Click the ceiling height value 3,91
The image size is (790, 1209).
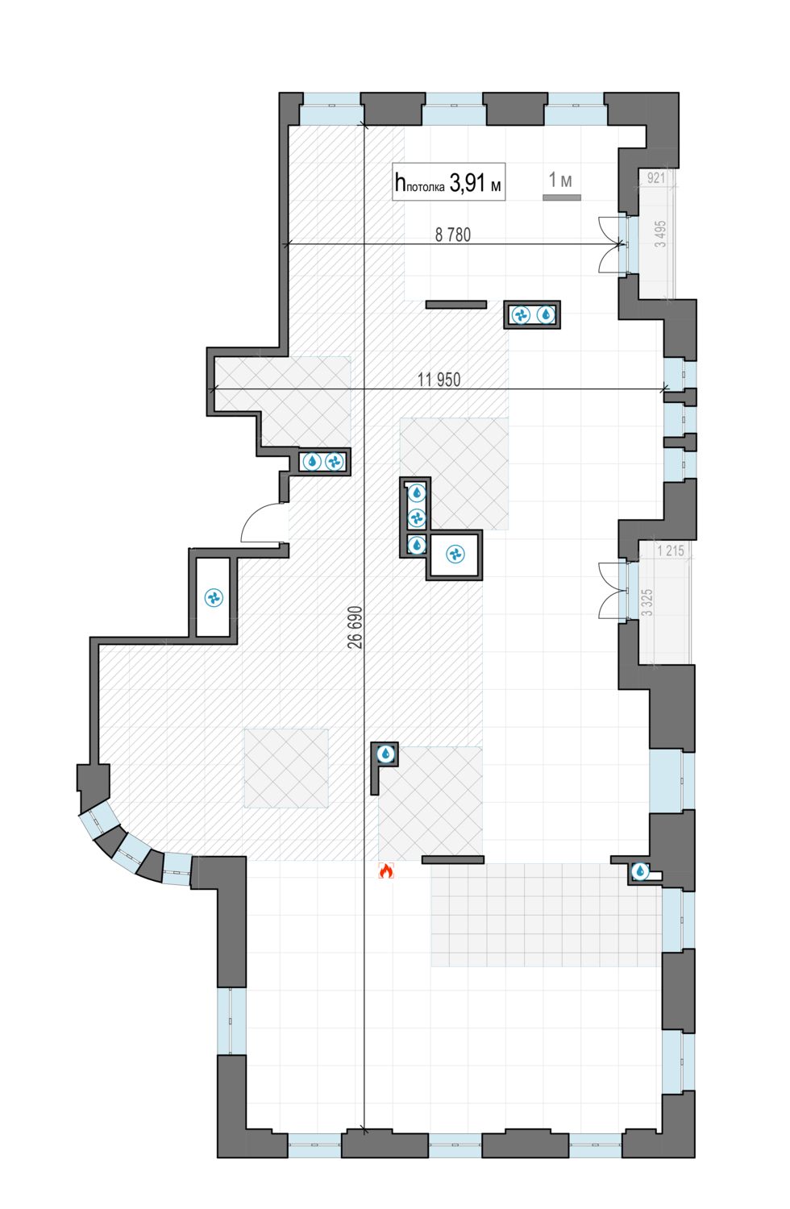tap(468, 183)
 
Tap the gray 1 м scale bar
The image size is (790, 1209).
tap(562, 197)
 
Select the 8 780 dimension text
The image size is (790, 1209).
tap(453, 235)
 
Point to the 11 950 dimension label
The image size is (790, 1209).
tap(439, 380)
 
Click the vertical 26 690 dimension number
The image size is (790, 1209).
tap(355, 628)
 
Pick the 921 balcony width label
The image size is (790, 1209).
tap(656, 178)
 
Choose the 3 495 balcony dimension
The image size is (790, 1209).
tap(660, 234)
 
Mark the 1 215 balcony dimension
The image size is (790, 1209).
tap(670, 550)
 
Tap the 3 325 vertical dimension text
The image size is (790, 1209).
tap(647, 602)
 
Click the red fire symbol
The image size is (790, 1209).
tap(386, 870)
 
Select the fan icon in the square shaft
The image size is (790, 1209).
tap(455, 555)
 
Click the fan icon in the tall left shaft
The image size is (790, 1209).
tap(214, 597)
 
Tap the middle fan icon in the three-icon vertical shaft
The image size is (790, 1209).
tap(416, 517)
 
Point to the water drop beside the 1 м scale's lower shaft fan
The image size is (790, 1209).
tap(546, 314)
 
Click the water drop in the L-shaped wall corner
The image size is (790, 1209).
tap(386, 754)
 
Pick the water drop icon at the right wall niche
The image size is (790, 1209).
tap(640, 870)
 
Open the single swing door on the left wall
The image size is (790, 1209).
tap(264, 524)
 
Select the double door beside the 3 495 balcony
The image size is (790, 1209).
tap(610, 244)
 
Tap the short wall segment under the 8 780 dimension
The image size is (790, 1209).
tap(456, 305)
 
